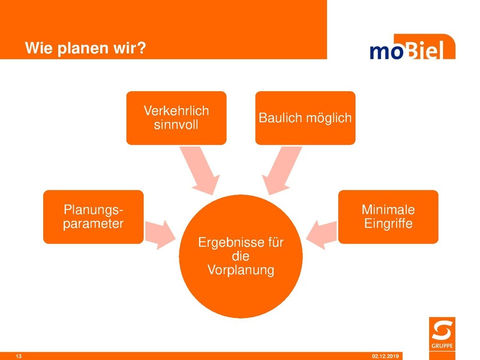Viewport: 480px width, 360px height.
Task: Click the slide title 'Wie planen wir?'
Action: point(85,48)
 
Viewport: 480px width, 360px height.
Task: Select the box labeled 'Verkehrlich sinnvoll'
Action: point(176,118)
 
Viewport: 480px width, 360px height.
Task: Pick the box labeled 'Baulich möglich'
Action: point(305,118)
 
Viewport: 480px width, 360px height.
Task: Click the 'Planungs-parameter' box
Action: point(93,217)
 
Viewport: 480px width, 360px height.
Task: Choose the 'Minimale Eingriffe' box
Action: point(388,217)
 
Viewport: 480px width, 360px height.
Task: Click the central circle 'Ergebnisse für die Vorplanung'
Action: point(240,257)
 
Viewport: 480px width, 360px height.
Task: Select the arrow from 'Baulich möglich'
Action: point(280,169)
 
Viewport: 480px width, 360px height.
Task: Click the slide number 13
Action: point(19,356)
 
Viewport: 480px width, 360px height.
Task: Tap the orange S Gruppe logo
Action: point(442,333)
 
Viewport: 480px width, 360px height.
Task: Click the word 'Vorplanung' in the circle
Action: point(241,270)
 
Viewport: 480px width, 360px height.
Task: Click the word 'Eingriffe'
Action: point(388,224)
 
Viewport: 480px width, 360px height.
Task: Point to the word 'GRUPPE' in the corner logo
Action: point(442,345)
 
